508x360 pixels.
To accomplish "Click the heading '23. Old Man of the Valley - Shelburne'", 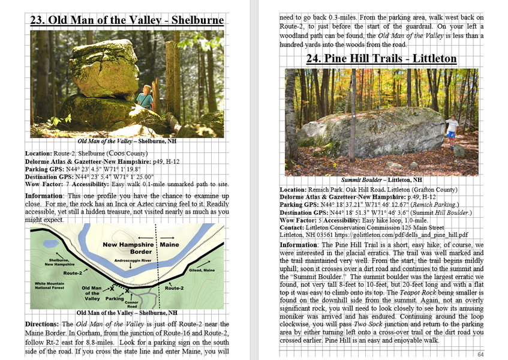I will tap(127, 20).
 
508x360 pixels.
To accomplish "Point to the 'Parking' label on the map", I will tap(115, 298).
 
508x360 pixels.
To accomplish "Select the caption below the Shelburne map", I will tap(127, 313).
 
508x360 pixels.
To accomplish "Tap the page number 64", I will tap(480, 355).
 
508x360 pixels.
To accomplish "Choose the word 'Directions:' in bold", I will tap(41, 324).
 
